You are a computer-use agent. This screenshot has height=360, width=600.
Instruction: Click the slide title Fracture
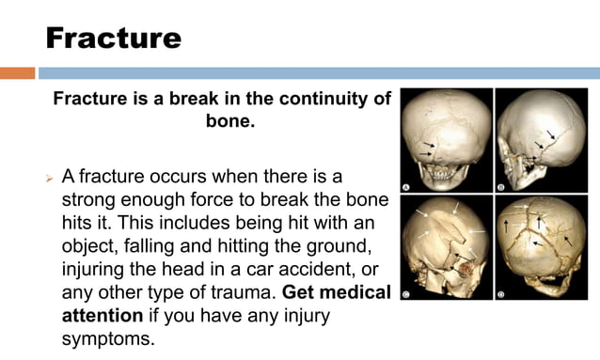coord(113,38)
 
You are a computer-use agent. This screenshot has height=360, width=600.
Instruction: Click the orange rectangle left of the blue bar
coord(17,72)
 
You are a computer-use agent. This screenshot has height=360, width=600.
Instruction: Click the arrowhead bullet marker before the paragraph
coord(48,177)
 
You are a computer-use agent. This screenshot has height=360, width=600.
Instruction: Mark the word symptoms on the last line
coord(106,338)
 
